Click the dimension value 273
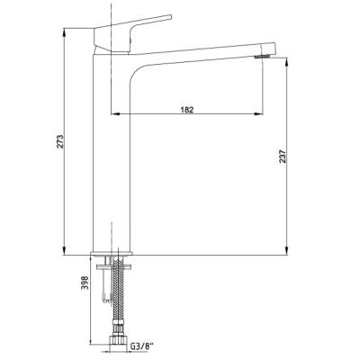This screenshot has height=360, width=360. point(60,140)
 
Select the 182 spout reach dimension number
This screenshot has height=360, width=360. point(187,110)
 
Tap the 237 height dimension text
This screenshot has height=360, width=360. point(283,156)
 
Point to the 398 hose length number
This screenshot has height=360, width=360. point(85,283)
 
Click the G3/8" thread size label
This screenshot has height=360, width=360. point(141,346)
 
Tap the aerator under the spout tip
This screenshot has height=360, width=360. point(263,57)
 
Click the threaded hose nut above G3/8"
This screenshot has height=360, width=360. point(118,341)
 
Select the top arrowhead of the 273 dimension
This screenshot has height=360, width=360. point(64,32)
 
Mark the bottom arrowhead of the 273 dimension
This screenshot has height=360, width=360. point(64,251)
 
